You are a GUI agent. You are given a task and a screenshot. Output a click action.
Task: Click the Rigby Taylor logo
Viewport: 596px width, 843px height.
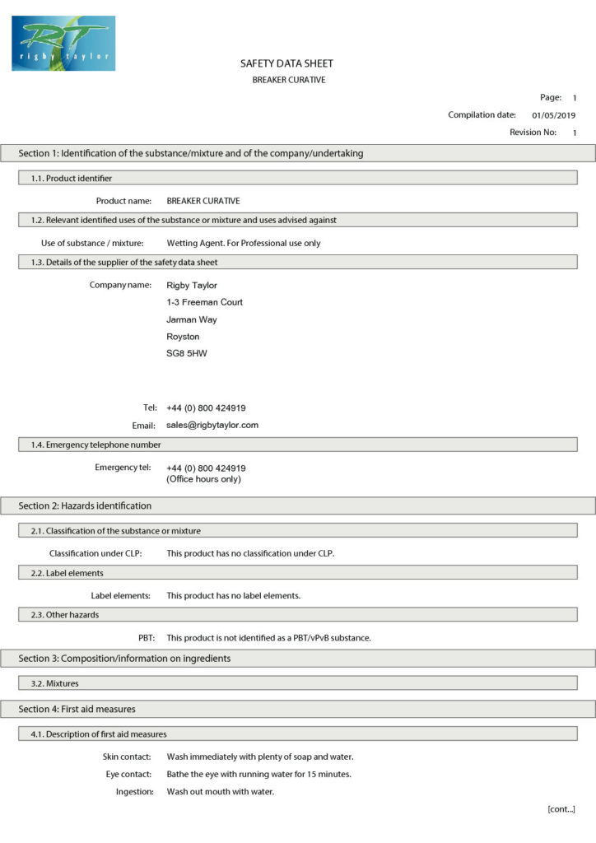(x=63, y=43)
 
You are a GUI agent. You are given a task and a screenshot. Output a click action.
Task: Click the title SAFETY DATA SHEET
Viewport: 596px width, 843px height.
(x=286, y=63)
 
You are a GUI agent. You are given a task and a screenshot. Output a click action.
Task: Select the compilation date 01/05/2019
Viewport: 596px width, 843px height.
(x=554, y=115)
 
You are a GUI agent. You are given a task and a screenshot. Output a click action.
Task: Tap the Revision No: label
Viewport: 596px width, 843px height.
(x=533, y=133)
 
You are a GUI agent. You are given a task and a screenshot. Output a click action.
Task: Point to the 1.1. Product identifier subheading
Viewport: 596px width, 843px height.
(x=79, y=178)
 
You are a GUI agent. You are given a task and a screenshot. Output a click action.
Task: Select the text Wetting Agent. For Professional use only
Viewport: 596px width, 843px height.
(x=244, y=243)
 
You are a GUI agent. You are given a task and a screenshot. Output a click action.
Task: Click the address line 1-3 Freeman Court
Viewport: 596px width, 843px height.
(x=204, y=302)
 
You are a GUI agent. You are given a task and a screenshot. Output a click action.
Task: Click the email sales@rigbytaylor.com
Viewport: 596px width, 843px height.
(x=212, y=426)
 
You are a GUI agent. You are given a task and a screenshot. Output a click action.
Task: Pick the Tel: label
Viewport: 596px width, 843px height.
(x=150, y=408)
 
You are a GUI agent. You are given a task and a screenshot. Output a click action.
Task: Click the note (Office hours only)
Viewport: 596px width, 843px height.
(x=203, y=479)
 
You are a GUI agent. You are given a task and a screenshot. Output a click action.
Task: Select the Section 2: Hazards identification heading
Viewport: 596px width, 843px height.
(x=86, y=505)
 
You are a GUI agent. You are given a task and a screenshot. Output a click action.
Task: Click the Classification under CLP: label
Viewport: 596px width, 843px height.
(x=95, y=553)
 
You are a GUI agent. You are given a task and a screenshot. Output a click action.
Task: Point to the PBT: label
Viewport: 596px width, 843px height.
(x=147, y=638)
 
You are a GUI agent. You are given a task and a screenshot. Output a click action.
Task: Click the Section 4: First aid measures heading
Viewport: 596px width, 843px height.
(x=77, y=709)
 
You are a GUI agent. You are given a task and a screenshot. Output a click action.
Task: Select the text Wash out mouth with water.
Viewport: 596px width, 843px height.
(x=220, y=792)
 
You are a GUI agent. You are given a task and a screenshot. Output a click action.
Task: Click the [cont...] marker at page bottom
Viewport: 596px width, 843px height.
(x=561, y=809)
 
